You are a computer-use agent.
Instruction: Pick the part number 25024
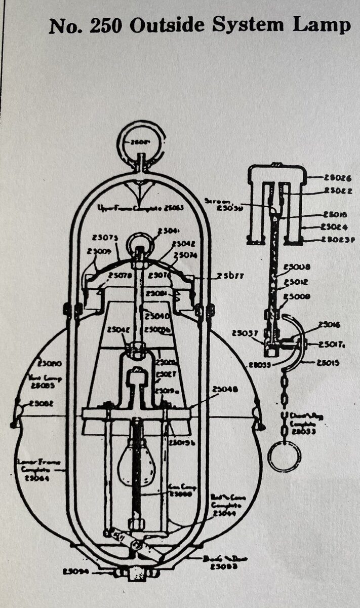coord(335,227)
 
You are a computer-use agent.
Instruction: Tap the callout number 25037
coord(244,333)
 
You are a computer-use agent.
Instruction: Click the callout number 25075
coord(106,238)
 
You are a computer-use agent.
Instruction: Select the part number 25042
coord(183,244)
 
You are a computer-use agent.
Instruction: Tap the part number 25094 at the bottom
coord(76,571)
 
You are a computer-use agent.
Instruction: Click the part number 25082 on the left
coord(42,403)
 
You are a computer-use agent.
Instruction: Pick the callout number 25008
coord(297,267)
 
